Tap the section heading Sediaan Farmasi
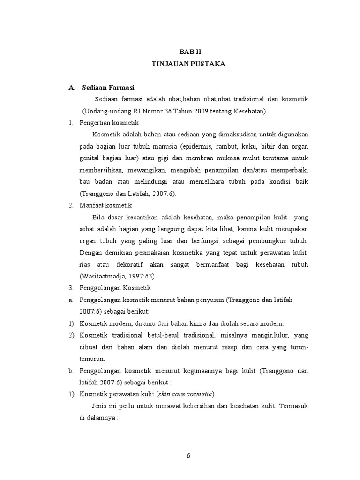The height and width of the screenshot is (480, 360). coord(108,87)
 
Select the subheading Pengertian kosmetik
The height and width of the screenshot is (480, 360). coord(106,123)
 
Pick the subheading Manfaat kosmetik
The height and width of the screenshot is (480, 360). coord(105,205)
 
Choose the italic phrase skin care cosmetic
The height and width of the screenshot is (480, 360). coord(185,394)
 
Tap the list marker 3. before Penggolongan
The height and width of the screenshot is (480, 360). coord(71,288)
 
